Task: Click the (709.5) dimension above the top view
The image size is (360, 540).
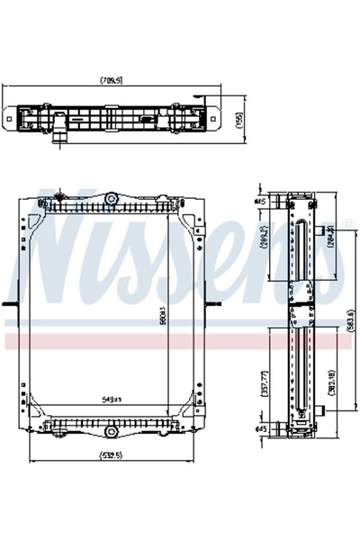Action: pos(112,81)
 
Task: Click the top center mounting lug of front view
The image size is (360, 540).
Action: pos(112,197)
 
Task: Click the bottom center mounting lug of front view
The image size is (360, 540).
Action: pos(112,431)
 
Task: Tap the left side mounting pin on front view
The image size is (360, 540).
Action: pos(9,305)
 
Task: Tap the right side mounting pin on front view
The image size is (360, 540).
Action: pos(215,305)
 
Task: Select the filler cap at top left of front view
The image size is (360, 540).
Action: pos(59,192)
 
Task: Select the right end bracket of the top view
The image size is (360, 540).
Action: pos(214,117)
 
